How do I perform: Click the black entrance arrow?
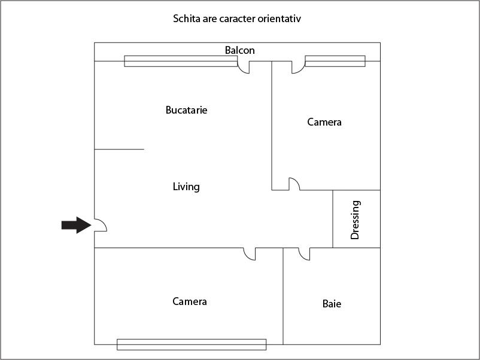click(x=77, y=225)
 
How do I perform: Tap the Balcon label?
click(x=239, y=50)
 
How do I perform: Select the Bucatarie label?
click(x=186, y=110)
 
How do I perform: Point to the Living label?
click(x=186, y=187)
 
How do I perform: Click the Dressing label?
click(x=355, y=220)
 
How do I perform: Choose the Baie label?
click(x=332, y=304)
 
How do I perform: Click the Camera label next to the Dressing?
click(x=324, y=122)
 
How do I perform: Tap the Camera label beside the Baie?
click(x=190, y=301)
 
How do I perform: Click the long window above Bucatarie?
click(x=181, y=61)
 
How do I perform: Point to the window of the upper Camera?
click(x=335, y=61)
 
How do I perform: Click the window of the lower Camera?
click(x=192, y=344)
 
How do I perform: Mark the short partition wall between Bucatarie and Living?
click(x=119, y=150)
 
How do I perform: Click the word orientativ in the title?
click(x=279, y=19)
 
